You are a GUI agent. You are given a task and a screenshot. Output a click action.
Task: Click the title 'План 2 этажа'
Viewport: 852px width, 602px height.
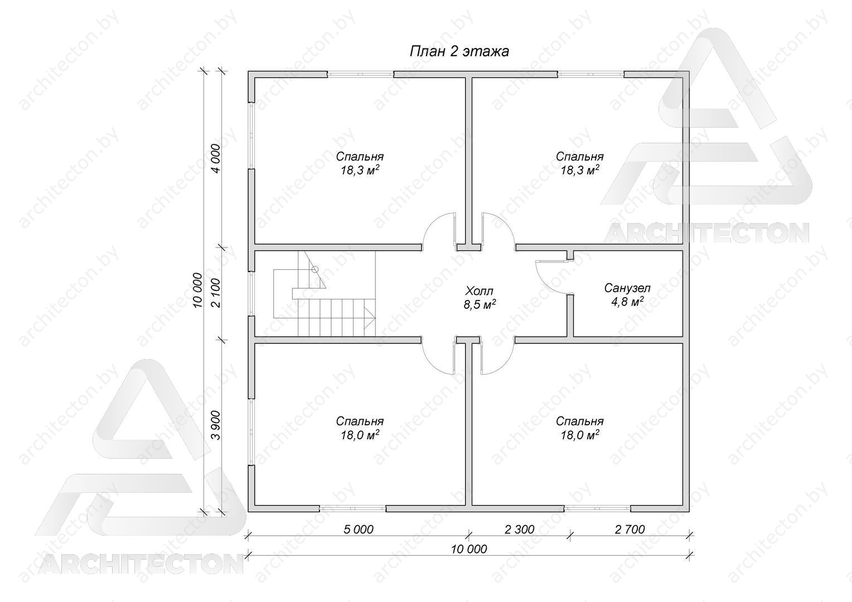459,51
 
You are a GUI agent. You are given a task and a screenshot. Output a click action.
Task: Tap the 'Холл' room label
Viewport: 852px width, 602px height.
480,292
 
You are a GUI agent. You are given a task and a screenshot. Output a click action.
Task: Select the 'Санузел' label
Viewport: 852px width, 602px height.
628,288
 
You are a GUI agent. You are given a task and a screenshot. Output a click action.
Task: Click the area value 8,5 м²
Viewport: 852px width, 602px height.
480,304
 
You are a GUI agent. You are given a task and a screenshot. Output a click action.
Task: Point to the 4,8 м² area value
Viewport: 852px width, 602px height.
628,302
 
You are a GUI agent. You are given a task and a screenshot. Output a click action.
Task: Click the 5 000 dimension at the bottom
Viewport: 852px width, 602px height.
359,530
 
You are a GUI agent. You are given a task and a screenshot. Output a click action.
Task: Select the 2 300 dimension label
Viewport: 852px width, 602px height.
520,530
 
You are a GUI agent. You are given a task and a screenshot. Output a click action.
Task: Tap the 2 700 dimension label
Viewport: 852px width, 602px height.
630,530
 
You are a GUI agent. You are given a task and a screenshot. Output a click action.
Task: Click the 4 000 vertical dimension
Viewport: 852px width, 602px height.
216,158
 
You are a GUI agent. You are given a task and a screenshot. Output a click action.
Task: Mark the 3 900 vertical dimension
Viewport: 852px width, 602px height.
216,425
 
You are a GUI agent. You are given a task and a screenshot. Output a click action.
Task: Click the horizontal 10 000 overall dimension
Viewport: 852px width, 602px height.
469,549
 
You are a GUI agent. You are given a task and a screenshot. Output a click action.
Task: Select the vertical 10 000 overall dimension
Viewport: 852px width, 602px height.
197,290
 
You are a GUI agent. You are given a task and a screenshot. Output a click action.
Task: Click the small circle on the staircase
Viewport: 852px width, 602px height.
314,269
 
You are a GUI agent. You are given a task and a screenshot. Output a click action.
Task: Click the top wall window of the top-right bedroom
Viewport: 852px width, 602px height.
590,74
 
